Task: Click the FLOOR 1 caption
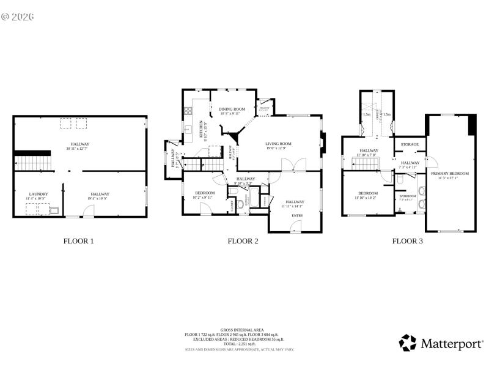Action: (x=79, y=241)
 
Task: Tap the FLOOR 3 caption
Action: (x=407, y=241)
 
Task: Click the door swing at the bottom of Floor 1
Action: (x=89, y=211)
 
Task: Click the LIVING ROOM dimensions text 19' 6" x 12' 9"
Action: (x=278, y=148)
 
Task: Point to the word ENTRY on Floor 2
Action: (x=297, y=215)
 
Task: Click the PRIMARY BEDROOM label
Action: (x=450, y=174)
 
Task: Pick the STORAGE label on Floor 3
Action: (x=410, y=144)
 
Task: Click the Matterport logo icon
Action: (x=408, y=343)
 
